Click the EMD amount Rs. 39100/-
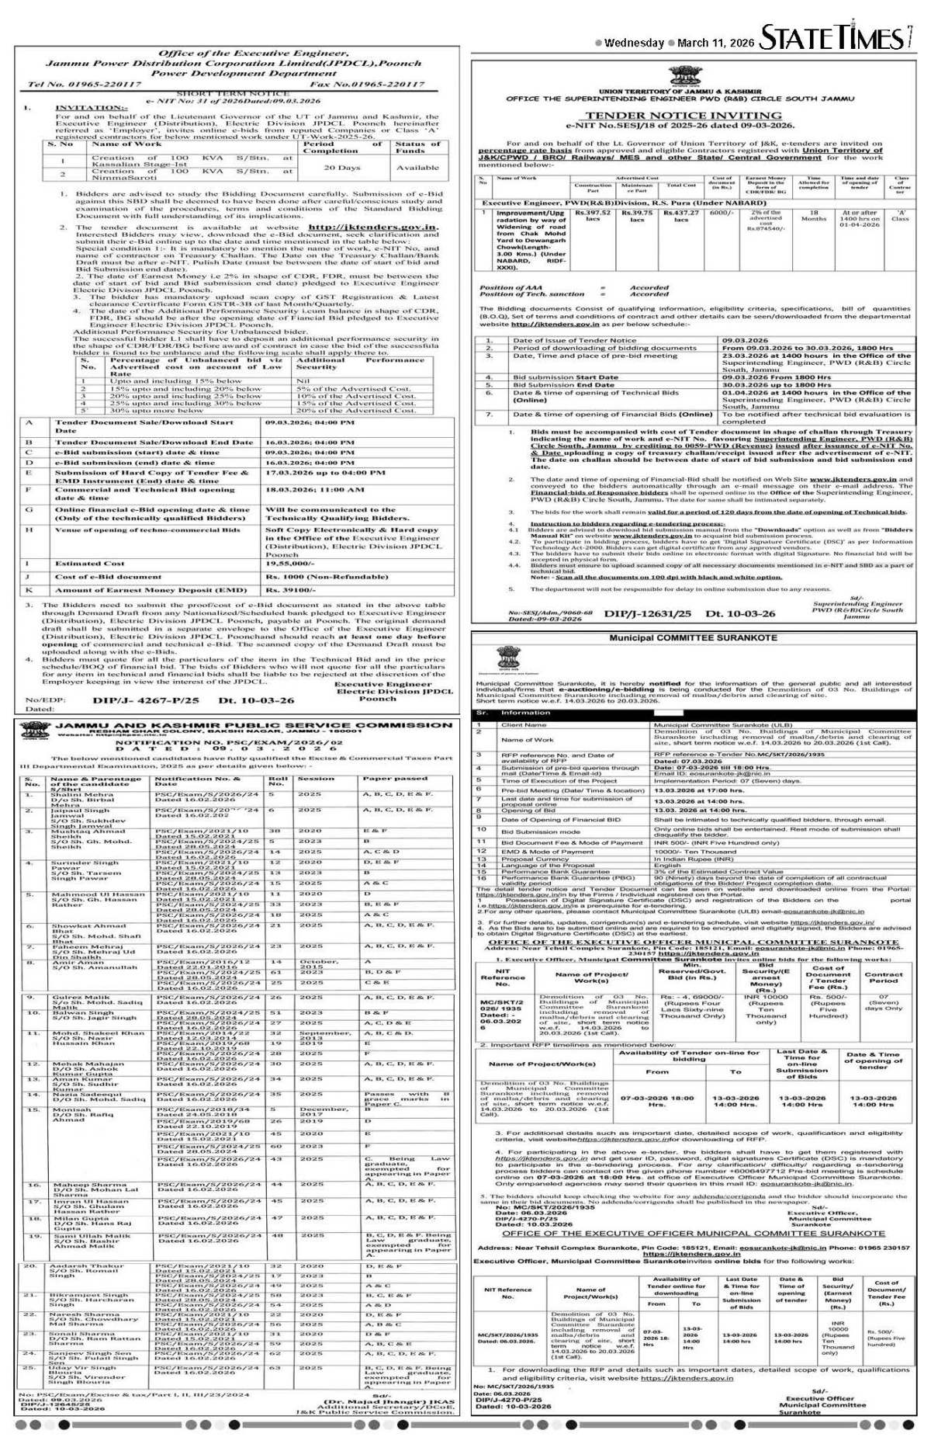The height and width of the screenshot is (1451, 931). pyautogui.click(x=290, y=590)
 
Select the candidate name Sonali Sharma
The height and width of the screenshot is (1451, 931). pyautogui.click(x=75, y=1353)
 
